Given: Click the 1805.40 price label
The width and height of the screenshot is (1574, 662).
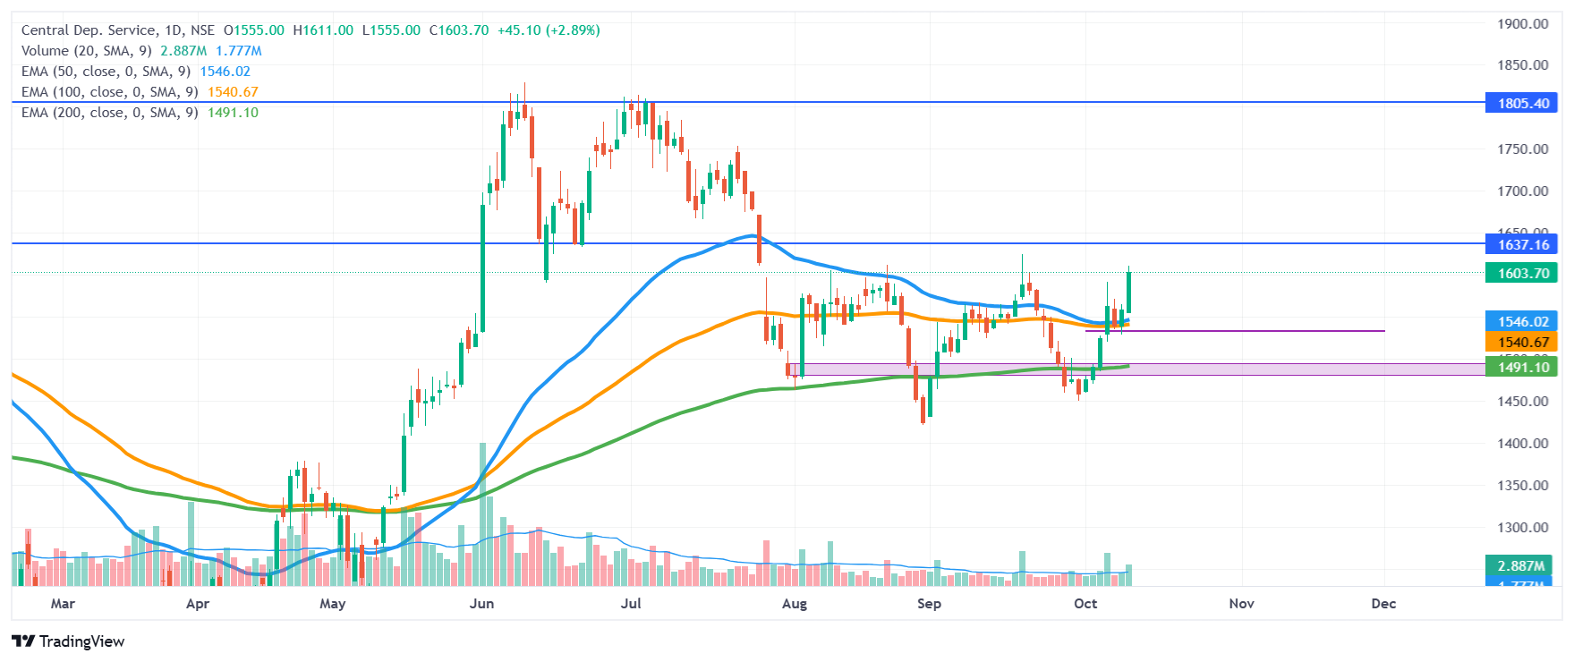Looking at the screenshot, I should [1523, 103].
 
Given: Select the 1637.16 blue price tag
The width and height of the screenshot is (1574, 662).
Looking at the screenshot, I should [1523, 244].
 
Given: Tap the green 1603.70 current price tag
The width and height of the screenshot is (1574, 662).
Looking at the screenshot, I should [1523, 273].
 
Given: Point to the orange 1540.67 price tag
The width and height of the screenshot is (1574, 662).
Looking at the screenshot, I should [1523, 342].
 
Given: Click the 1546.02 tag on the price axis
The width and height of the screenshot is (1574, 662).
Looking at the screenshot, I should [1523, 321].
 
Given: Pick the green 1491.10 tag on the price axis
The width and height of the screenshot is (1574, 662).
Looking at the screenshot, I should [1523, 367].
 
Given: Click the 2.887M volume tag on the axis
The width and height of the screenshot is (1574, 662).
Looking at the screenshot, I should [1523, 565].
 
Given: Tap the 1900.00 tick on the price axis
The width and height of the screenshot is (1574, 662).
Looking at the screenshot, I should [1523, 23].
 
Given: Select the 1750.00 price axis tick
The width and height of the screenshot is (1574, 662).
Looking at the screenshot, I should [1523, 149].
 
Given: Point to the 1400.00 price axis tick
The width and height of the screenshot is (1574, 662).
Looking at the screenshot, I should [1523, 443].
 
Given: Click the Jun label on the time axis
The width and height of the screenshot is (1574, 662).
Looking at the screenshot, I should [481, 603].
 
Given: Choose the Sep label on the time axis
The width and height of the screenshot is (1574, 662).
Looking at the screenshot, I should [929, 603].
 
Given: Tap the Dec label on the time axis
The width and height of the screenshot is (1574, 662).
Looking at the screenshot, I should [1383, 603].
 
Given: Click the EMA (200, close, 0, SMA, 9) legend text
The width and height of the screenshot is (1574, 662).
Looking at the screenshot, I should [109, 113].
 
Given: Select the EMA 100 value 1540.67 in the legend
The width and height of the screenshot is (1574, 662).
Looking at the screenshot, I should [233, 92].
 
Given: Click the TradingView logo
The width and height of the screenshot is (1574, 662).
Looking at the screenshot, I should [68, 641].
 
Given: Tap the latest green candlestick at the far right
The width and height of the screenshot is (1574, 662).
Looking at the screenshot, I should [1128, 292].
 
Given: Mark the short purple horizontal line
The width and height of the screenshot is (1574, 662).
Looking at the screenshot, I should [1235, 331].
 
